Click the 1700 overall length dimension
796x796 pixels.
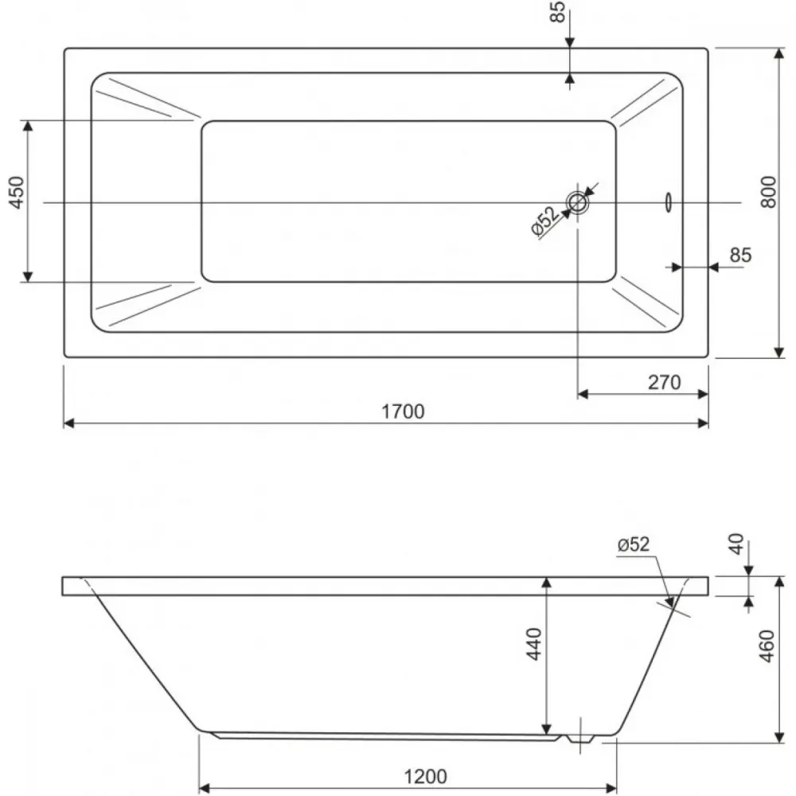(x=403, y=412)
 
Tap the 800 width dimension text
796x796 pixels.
(x=769, y=192)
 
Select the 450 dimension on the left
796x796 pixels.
(x=17, y=193)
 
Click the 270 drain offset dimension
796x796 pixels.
(x=664, y=382)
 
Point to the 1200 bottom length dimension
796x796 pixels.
(x=425, y=777)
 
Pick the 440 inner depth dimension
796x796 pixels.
(x=533, y=644)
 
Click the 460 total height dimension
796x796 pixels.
(x=767, y=646)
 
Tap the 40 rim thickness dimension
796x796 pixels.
(x=736, y=544)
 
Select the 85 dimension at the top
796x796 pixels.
(x=557, y=12)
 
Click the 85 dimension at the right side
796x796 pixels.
(x=740, y=255)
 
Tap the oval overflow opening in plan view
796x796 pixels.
(x=669, y=202)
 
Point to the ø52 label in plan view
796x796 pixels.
(x=544, y=221)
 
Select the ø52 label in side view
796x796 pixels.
(x=634, y=544)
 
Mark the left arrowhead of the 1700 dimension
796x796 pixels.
(x=69, y=423)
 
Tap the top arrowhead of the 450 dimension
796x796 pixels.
(x=28, y=126)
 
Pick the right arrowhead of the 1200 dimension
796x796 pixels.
(x=611, y=789)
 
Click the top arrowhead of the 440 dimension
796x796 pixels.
(x=546, y=583)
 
